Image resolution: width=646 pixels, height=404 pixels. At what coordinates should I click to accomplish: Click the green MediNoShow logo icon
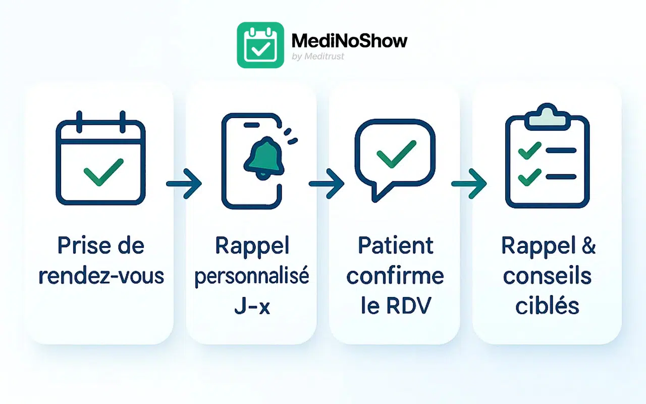pyautogui.click(x=260, y=45)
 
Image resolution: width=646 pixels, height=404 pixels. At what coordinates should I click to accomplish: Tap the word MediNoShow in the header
pyautogui.click(x=349, y=40)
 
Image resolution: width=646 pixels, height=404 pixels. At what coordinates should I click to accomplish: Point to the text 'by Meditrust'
pyautogui.click(x=318, y=57)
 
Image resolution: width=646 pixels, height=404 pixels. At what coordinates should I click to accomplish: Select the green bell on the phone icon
pyautogui.click(x=263, y=157)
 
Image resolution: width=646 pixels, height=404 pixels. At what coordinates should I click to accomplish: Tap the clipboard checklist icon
pyautogui.click(x=547, y=161)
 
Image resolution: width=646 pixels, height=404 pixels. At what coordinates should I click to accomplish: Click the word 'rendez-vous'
pyautogui.click(x=101, y=276)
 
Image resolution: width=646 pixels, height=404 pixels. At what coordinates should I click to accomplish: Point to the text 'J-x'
pyautogui.click(x=252, y=307)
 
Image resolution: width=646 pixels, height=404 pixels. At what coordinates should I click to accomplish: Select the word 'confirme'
pyautogui.click(x=395, y=276)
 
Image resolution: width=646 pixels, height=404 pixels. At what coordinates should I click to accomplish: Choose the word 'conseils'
pyautogui.click(x=547, y=276)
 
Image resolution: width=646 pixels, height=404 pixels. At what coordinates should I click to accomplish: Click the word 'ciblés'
pyautogui.click(x=547, y=307)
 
